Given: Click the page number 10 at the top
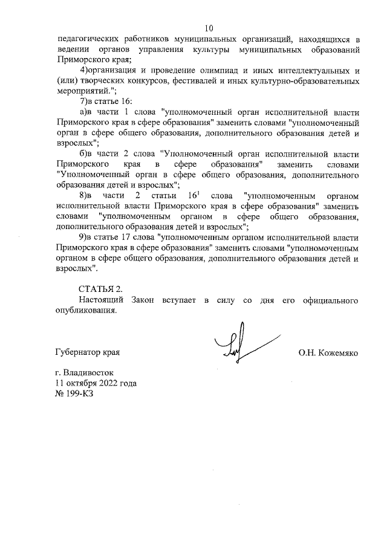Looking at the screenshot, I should (209, 28).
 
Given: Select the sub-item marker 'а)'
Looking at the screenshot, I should (85, 112).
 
